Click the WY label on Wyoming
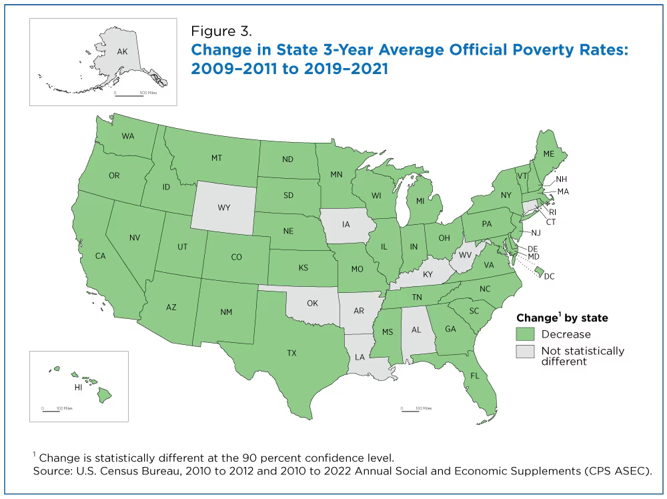[x=223, y=208]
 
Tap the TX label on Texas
[x=291, y=353]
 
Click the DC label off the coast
[x=549, y=276]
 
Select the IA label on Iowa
[x=346, y=224]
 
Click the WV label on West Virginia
[x=462, y=257]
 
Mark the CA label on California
[x=101, y=256]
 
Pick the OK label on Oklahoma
[x=312, y=304]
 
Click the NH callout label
[x=562, y=179]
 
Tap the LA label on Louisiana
[x=360, y=357]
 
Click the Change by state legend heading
[x=562, y=318]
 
